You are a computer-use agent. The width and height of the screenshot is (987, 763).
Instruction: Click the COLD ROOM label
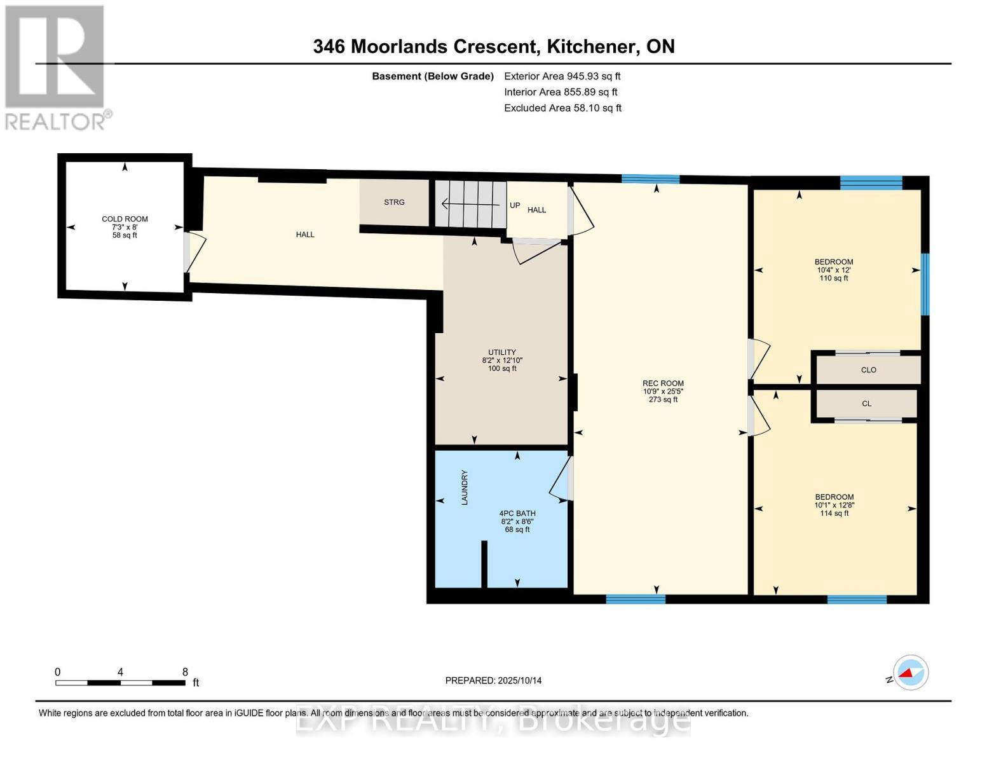125,219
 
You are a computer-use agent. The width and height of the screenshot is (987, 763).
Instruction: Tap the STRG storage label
394,202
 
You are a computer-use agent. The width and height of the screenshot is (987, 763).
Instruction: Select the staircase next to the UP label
470,204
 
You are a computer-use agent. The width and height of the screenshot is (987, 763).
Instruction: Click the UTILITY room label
502,352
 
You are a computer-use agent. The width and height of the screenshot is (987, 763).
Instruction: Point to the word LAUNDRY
465,488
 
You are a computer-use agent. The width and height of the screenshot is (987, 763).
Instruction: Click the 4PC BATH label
517,513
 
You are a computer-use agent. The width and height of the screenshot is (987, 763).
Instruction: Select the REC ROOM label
663,383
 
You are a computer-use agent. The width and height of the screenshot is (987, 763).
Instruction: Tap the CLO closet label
868,370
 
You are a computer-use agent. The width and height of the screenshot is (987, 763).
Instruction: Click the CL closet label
867,404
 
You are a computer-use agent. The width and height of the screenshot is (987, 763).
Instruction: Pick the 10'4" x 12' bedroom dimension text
834,270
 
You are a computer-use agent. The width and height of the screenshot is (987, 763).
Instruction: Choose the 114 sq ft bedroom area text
834,514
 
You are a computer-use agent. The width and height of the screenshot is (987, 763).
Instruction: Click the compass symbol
910,673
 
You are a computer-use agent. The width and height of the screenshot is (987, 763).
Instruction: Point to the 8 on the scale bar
185,672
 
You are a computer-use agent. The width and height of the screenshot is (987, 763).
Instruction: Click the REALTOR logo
56,67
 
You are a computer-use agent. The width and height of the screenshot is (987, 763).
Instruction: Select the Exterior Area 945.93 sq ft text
562,76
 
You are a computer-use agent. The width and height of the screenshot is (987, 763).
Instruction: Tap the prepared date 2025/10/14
519,680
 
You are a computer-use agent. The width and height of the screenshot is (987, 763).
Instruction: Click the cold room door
194,253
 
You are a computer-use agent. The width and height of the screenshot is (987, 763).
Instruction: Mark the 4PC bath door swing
559,480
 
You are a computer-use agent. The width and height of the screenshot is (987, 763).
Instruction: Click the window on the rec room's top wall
650,179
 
